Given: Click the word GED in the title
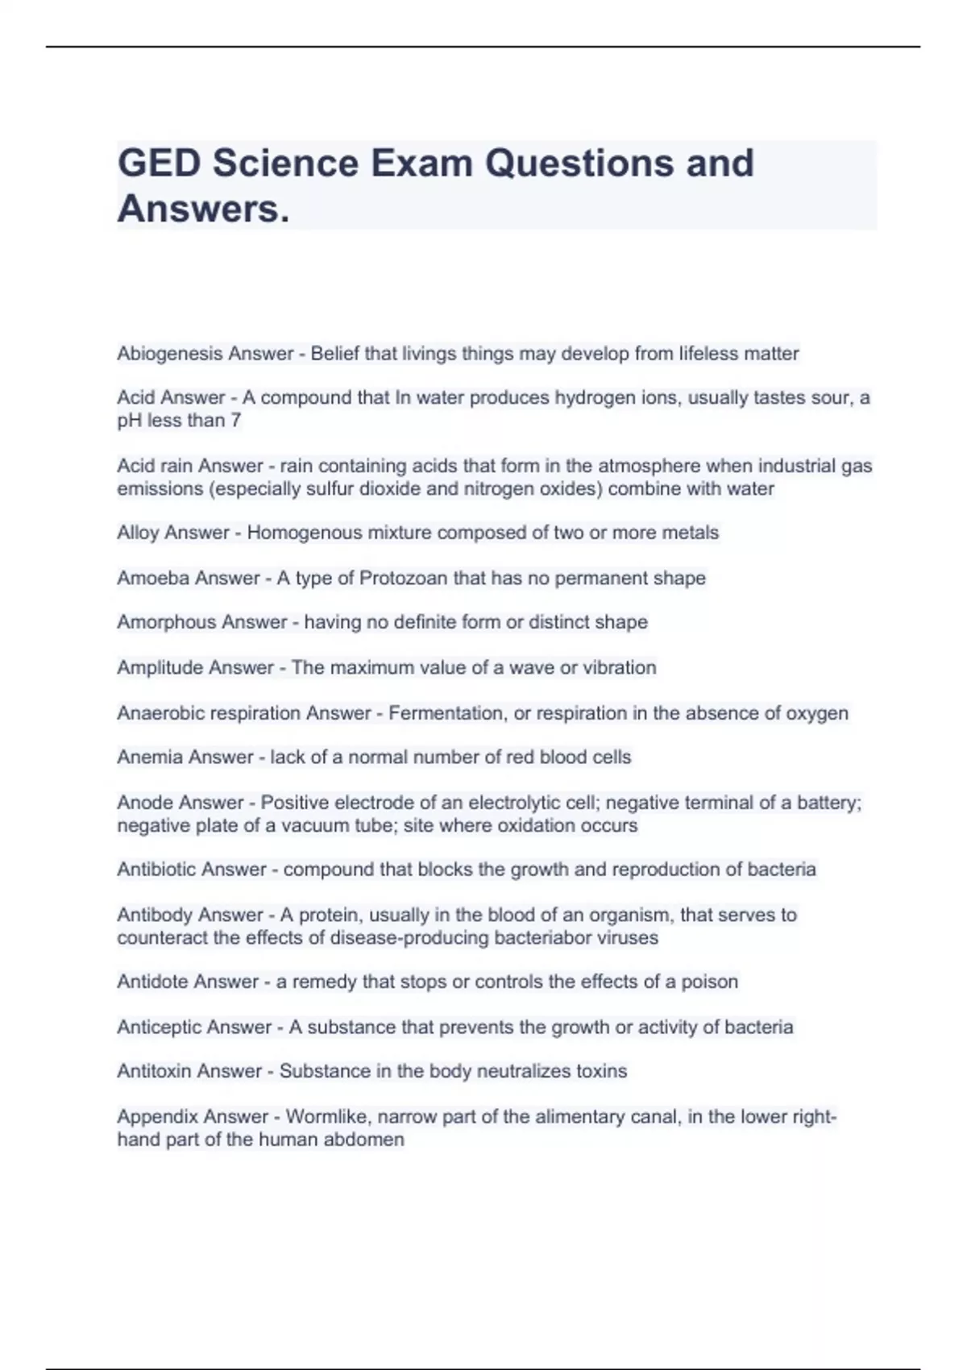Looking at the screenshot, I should click(159, 164).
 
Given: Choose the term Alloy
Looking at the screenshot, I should click(138, 533).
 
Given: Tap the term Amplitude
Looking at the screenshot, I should click(160, 668).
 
